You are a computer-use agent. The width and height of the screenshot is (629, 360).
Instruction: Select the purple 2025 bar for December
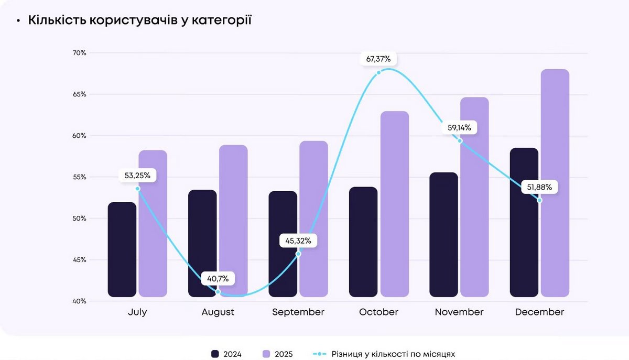[x=555, y=183]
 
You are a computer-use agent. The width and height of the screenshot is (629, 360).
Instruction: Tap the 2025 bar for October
[x=394, y=204]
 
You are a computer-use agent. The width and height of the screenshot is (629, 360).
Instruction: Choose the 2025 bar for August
[x=233, y=221]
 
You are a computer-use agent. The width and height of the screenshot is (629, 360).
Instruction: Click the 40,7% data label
[x=218, y=278]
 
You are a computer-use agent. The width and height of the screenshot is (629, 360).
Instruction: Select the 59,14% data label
[x=460, y=127]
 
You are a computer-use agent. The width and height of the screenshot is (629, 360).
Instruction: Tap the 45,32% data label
[x=298, y=241]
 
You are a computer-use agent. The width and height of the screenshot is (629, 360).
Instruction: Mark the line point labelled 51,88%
[x=539, y=200]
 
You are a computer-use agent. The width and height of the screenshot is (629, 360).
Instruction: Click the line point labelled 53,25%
[x=138, y=189]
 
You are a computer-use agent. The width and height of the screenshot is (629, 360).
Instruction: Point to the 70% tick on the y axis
[x=80, y=53]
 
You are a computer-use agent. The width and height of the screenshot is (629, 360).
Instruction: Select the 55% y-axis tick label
[x=80, y=177]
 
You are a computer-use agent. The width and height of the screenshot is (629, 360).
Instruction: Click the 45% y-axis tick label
[x=80, y=260]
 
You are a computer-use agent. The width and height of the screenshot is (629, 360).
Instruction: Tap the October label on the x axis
[x=378, y=312]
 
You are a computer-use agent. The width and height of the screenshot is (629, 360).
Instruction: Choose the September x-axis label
[x=298, y=312]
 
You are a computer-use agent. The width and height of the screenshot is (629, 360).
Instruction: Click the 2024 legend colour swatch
[x=215, y=354]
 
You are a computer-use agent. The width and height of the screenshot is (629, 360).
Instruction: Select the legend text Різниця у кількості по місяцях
[x=393, y=354]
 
